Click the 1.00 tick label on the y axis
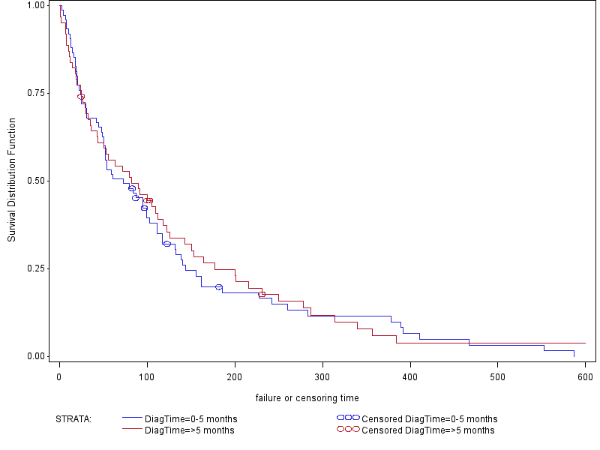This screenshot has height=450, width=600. click(x=35, y=5)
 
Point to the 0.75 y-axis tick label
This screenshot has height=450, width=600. click(x=35, y=93)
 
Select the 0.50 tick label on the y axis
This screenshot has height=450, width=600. click(x=35, y=181)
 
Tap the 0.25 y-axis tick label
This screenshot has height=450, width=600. click(x=35, y=268)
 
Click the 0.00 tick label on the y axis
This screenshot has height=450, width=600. click(x=35, y=356)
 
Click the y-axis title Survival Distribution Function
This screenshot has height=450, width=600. click(x=12, y=180)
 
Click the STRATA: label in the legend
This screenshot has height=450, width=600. click(x=73, y=418)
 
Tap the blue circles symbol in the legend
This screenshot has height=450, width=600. click(x=348, y=418)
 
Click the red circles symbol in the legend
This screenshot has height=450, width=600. click(x=348, y=430)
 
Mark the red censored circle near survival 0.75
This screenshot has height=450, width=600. click(x=81, y=97)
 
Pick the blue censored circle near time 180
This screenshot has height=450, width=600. click(x=219, y=287)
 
